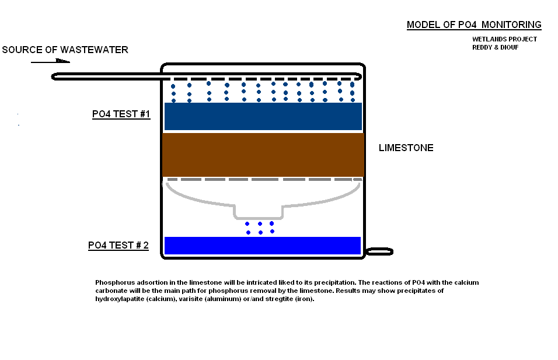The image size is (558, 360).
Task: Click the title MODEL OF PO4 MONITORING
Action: coord(474,25)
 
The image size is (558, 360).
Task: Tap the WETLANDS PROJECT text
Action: coord(504,40)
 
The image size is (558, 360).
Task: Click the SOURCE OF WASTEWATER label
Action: coord(65,50)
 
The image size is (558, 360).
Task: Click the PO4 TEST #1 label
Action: coord(121,114)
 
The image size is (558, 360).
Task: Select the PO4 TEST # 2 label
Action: coord(118,246)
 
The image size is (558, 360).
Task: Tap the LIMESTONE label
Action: coord(406,148)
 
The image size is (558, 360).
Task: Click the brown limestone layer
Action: coord(263,155)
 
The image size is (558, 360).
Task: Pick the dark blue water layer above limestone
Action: coord(263,116)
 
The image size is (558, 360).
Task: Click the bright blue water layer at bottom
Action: coord(263,246)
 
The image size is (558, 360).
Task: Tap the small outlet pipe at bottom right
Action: coord(379,251)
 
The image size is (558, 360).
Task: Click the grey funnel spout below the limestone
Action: coord(258,211)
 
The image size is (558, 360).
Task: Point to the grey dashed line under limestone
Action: coord(263,179)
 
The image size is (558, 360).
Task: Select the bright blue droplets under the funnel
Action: coord(260,228)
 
